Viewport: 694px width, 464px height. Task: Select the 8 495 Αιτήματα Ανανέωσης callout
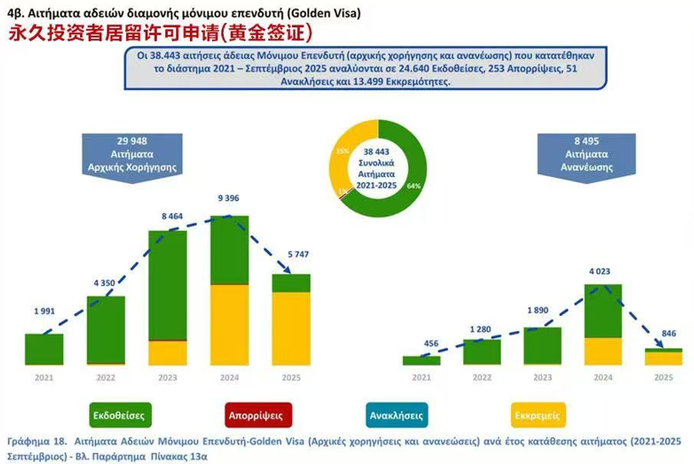pos(588,154)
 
